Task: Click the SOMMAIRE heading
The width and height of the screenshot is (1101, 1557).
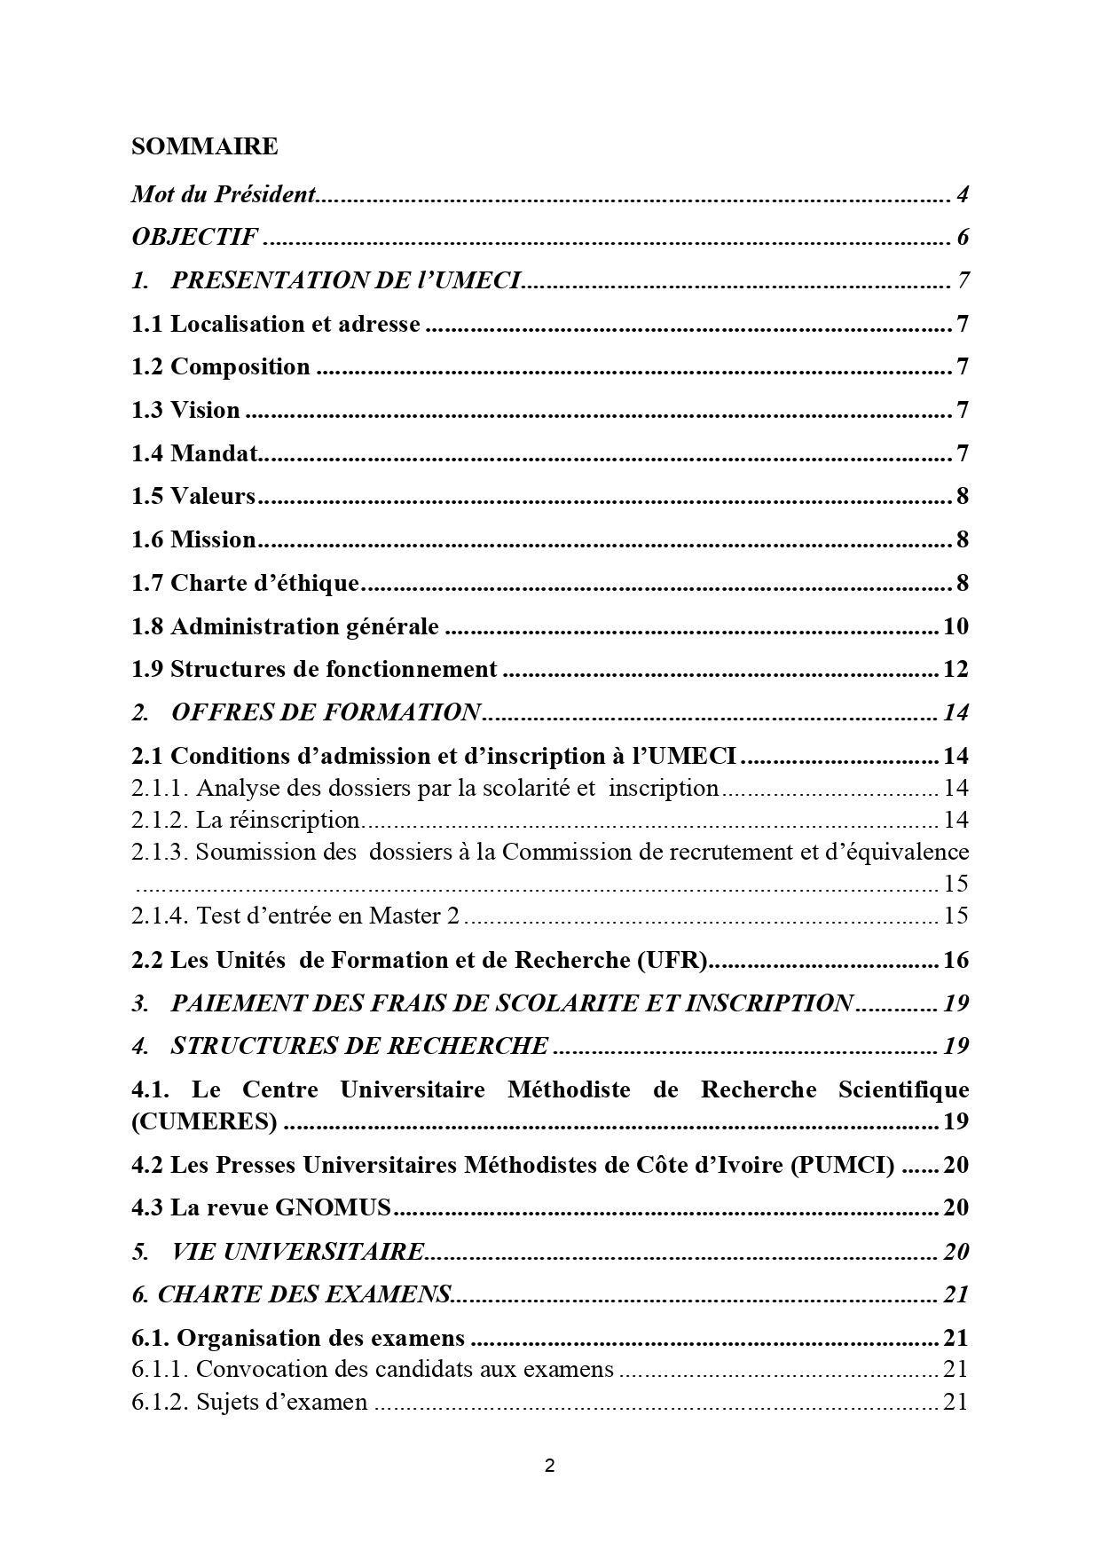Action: tap(204, 146)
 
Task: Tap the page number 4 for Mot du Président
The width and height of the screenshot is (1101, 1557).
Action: tap(962, 194)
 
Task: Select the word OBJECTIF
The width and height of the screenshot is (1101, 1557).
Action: tap(194, 238)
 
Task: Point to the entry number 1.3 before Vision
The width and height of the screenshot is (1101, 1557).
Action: tap(147, 411)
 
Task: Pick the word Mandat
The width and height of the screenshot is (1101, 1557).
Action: tap(213, 454)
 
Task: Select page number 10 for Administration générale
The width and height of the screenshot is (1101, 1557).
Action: tap(956, 627)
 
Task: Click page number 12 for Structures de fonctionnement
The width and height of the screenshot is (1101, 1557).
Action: tap(956, 670)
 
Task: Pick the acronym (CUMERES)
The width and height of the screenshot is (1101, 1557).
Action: tap(204, 1122)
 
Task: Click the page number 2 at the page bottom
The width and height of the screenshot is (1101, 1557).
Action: tap(549, 1467)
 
